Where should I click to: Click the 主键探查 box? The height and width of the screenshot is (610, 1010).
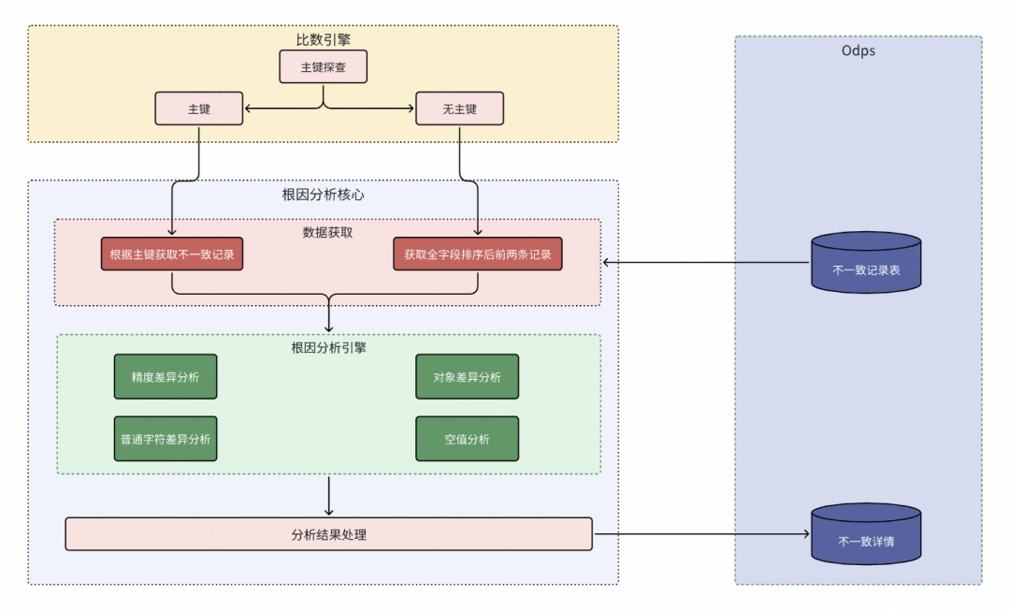tap(323, 67)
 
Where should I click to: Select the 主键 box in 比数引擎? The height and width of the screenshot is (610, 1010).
tap(198, 109)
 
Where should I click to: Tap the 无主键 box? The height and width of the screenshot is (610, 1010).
tap(459, 109)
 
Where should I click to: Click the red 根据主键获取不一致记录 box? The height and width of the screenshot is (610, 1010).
tap(172, 254)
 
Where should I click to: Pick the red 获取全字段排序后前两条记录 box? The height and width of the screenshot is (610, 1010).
tap(478, 254)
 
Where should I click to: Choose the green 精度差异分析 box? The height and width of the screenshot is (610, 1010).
tap(166, 377)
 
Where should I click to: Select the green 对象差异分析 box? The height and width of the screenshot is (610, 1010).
tap(467, 377)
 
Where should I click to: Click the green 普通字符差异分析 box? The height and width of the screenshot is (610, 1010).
tap(166, 439)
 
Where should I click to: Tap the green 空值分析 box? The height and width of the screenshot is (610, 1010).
tap(467, 439)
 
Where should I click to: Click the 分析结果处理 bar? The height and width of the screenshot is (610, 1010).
tap(328, 534)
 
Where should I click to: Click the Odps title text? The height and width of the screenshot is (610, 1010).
tap(858, 51)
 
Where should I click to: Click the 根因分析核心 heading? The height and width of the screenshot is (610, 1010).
tap(323, 195)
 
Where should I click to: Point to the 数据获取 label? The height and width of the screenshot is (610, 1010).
tap(327, 231)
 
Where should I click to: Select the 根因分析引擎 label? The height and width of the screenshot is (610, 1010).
tap(328, 347)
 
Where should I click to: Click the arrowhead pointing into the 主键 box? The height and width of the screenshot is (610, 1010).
tap(249, 109)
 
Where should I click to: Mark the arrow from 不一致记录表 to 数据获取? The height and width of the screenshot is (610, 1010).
tap(706, 262)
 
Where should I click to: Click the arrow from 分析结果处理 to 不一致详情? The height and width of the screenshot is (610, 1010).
tap(701, 535)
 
